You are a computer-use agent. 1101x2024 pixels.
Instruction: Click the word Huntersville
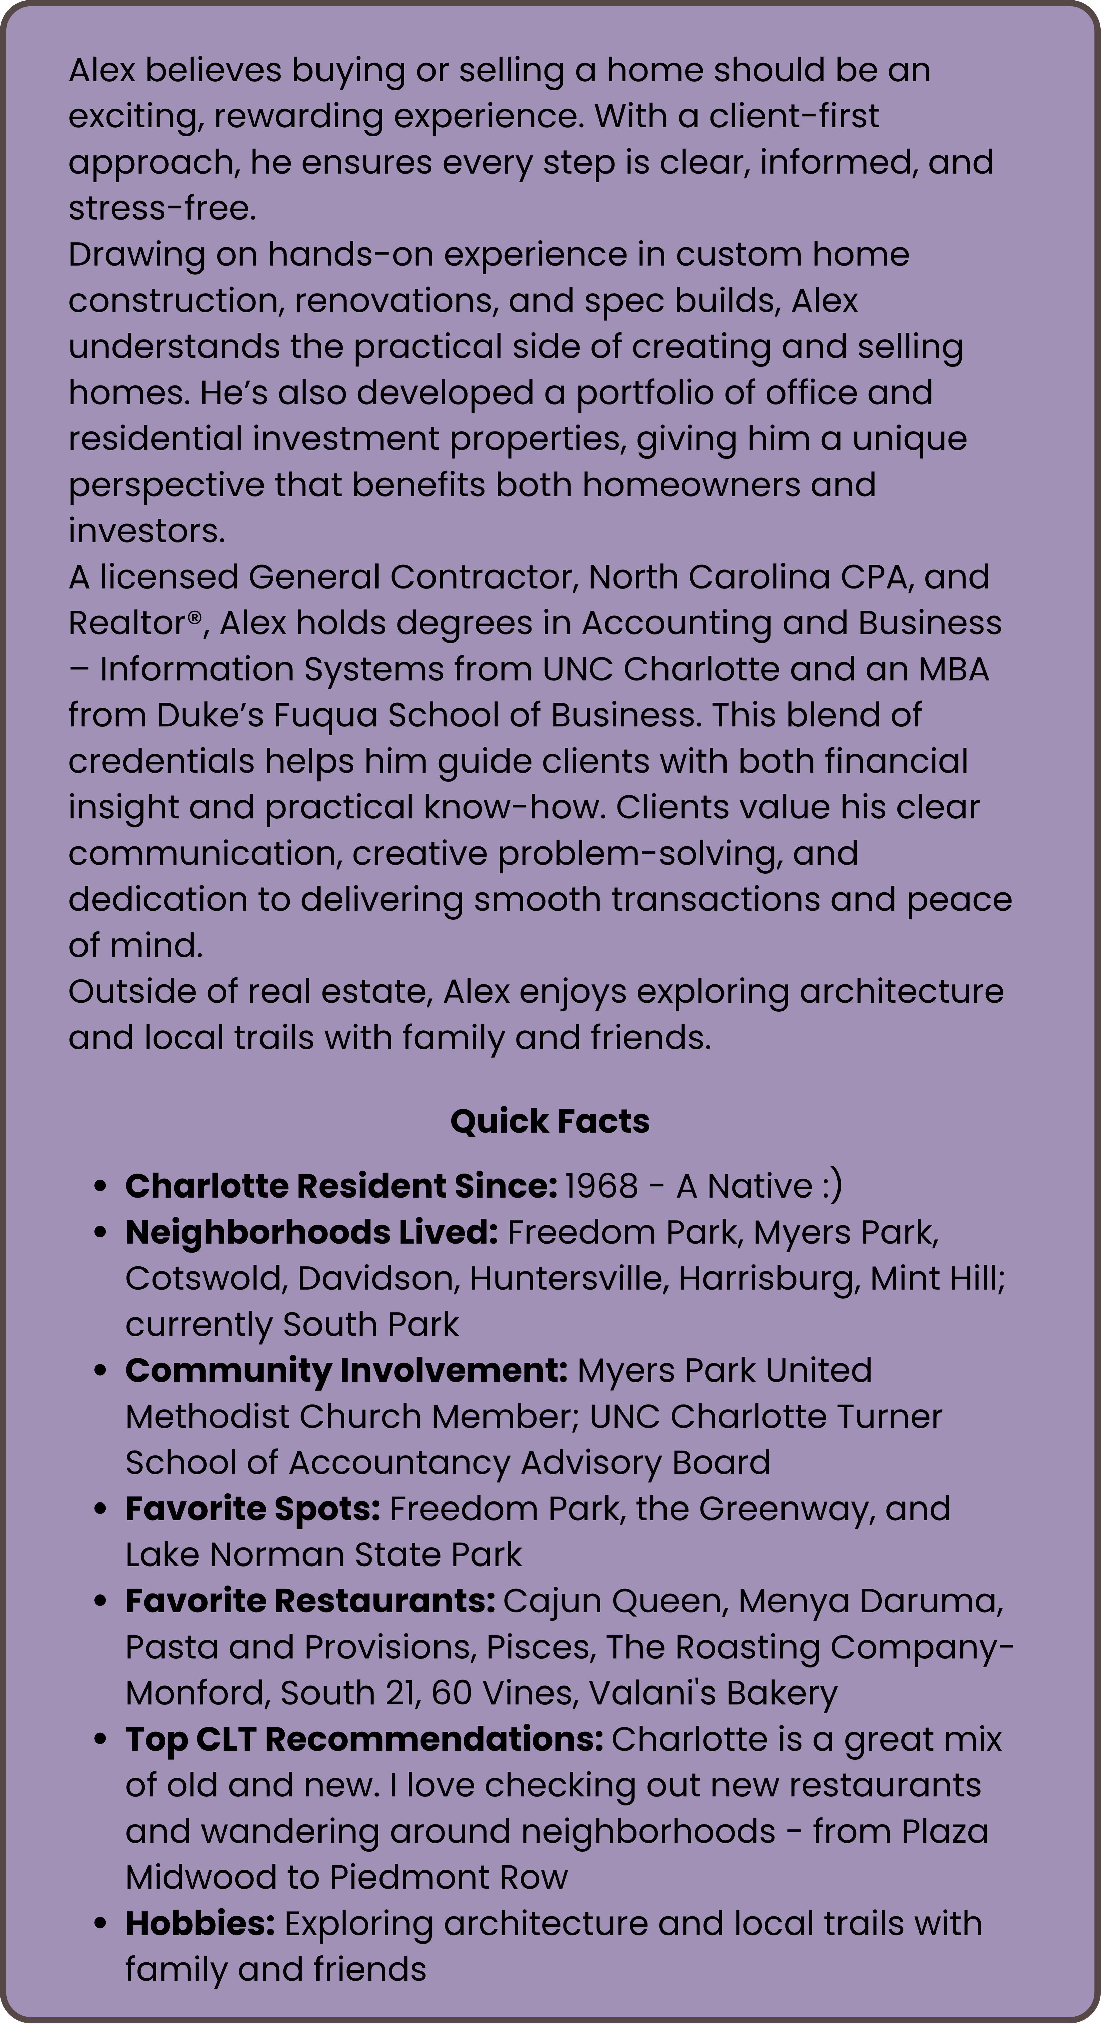point(568,1278)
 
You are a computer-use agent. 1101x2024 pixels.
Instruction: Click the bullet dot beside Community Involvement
point(100,1371)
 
